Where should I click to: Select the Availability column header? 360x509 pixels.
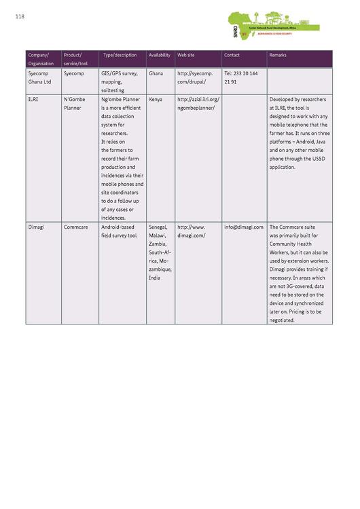pos(159,55)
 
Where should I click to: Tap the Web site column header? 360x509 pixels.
pos(185,55)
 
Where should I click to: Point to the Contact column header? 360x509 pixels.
pos(232,55)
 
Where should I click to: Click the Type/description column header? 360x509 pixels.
pos(120,55)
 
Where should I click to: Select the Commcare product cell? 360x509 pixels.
pos(74,227)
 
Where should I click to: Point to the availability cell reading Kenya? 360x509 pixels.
pos(155,99)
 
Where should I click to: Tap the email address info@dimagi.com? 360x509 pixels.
pos(243,227)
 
